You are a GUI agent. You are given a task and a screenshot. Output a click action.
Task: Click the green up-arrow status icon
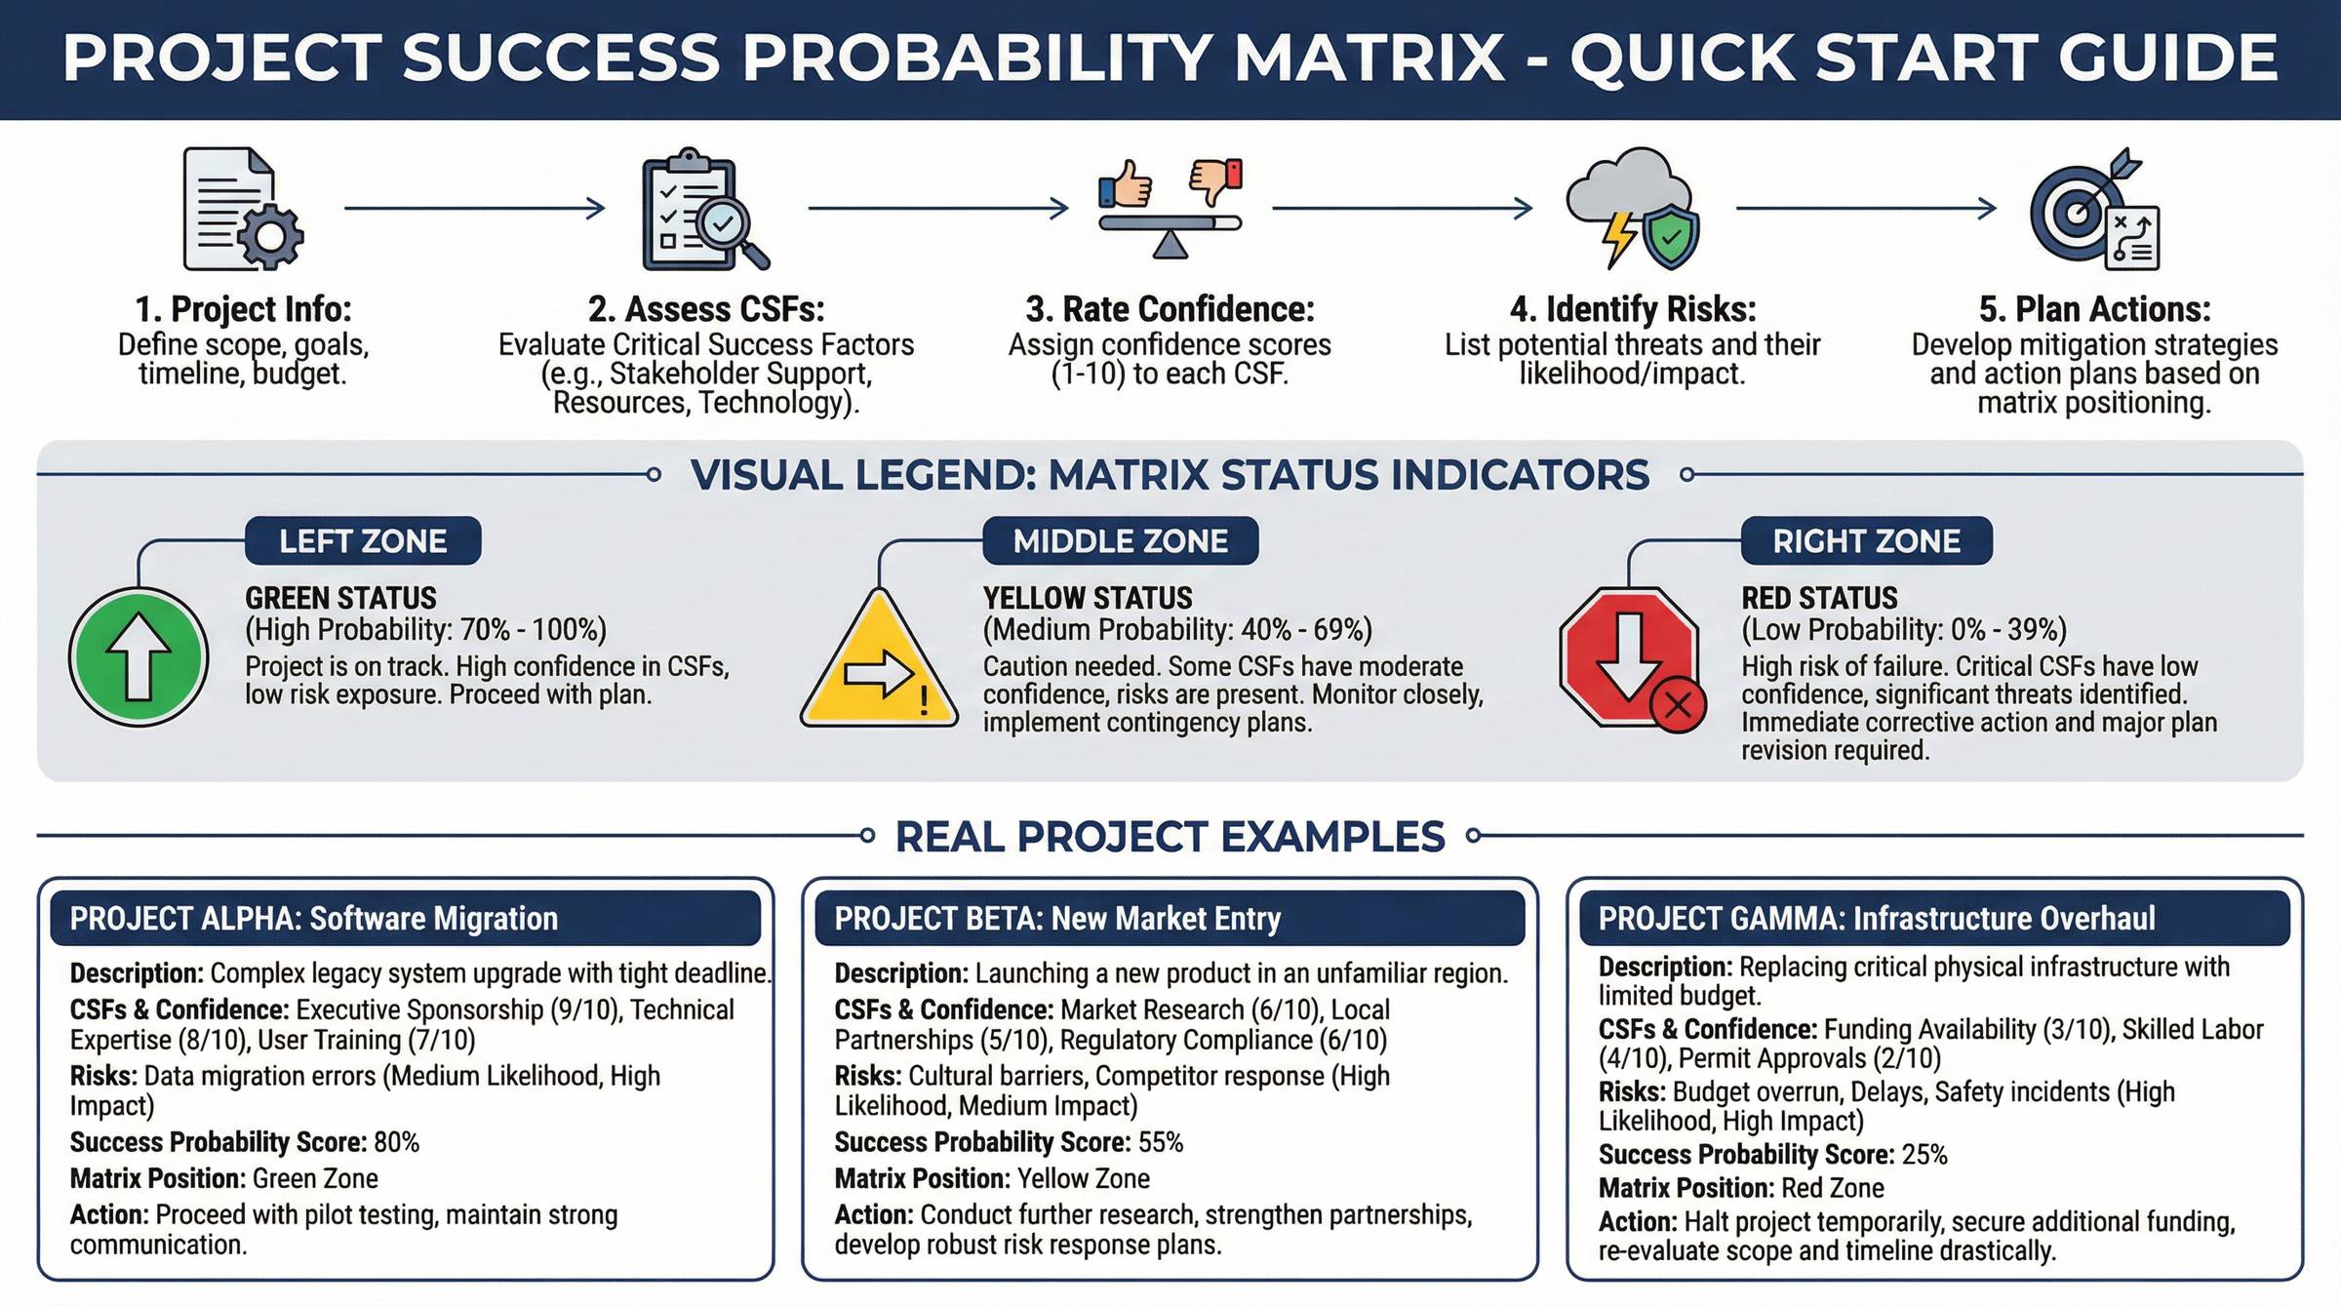[139, 657]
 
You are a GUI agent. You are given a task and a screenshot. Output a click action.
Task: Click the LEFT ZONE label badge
[363, 540]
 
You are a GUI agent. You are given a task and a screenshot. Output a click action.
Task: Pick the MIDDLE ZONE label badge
[1120, 540]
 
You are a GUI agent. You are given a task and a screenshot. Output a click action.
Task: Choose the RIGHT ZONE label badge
[1866, 540]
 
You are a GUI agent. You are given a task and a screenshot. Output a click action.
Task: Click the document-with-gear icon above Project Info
[243, 209]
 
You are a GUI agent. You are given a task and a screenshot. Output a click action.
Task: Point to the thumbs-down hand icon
[1215, 181]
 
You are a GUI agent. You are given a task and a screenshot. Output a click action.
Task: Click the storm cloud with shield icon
[1633, 209]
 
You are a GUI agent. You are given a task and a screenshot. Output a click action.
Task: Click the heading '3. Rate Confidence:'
[1170, 309]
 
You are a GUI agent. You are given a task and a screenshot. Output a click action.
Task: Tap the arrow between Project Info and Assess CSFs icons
[475, 208]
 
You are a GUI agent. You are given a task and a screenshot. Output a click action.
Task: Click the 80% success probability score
[396, 1142]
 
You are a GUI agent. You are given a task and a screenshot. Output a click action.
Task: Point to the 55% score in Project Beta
[1161, 1142]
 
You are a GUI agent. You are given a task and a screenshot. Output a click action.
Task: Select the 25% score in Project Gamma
[1924, 1155]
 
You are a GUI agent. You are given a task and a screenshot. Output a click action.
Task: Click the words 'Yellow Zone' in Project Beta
[1084, 1178]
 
